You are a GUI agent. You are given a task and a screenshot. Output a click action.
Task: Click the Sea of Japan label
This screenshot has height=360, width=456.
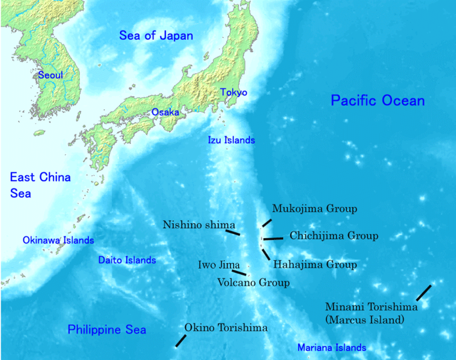(x=156, y=35)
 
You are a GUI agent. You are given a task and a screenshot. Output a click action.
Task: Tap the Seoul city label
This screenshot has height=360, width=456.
(x=50, y=75)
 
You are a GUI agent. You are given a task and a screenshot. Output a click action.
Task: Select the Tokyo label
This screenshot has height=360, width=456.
(x=233, y=92)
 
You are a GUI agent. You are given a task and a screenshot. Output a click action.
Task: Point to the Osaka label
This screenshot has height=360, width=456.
(x=164, y=112)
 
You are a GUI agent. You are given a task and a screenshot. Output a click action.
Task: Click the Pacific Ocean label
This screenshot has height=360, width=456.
(x=377, y=100)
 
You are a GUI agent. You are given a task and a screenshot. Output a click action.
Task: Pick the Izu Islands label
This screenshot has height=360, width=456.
(x=231, y=140)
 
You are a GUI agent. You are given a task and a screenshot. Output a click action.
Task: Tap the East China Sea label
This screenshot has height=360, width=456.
(x=40, y=185)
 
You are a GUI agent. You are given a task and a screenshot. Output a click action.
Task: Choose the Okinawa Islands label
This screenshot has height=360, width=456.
(x=58, y=240)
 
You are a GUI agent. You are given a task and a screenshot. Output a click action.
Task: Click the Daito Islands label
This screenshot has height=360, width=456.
(x=127, y=260)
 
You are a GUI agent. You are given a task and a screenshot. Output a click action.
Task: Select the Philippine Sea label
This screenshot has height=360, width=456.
(x=107, y=329)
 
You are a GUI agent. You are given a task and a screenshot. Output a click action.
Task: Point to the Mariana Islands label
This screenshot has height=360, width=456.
(x=332, y=347)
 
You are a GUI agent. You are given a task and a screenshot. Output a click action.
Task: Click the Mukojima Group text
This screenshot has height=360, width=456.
(x=314, y=209)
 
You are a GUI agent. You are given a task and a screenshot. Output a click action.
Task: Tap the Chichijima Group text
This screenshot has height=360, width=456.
(x=334, y=236)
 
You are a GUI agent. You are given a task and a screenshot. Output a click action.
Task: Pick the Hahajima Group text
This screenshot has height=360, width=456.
(x=315, y=264)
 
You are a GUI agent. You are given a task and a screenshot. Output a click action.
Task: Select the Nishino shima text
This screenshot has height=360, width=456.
(x=199, y=224)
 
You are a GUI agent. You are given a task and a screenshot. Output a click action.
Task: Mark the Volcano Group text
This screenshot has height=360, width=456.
(x=253, y=282)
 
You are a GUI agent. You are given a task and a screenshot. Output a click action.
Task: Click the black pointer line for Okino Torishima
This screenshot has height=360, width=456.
(x=180, y=340)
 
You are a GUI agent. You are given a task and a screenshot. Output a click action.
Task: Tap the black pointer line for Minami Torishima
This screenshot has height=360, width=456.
(x=424, y=292)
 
